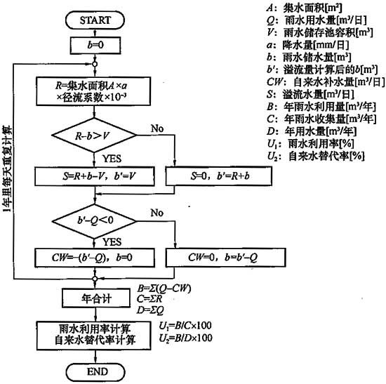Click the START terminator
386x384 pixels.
coord(95,20)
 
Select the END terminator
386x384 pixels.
coord(96,371)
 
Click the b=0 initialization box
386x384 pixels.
coord(95,46)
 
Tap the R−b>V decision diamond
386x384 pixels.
coord(94,135)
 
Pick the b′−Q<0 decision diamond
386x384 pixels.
coord(94,221)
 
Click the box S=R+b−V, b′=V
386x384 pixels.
coord(95,176)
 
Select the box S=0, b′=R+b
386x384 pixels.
coord(219,176)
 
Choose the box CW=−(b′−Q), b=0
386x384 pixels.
coord(95,258)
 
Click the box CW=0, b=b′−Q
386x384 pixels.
coord(226,258)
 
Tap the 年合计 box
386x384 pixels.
coord(96,298)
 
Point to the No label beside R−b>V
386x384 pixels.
coord(157,128)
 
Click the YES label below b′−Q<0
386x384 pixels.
coord(112,242)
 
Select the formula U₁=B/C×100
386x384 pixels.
coord(185,326)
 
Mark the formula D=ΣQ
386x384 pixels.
coord(150,310)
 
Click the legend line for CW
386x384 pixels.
coord(326,81)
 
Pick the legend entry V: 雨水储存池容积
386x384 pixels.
coord(319,32)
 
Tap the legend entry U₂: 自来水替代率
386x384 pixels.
coord(316,156)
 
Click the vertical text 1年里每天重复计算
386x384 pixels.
coord(7,169)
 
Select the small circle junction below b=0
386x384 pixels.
coord(95,65)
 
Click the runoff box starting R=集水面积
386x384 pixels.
coord(93,91)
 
